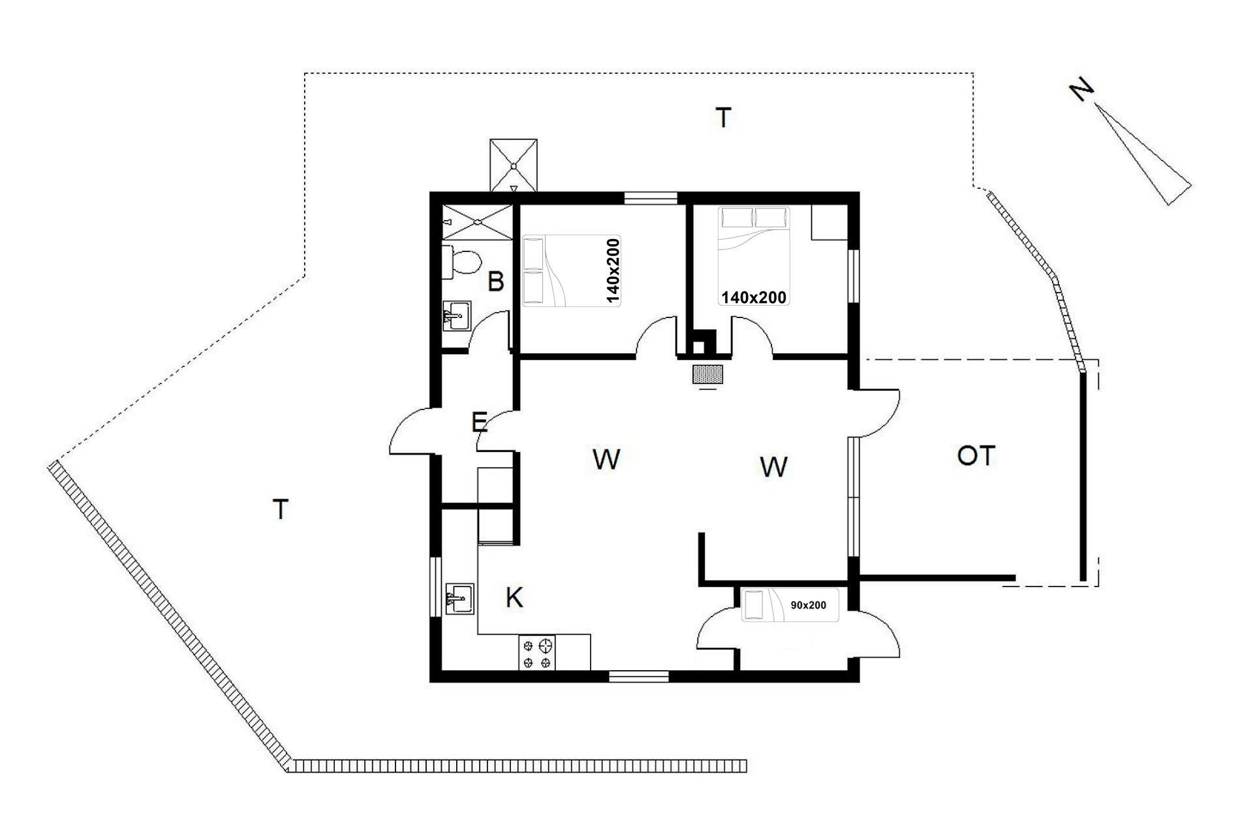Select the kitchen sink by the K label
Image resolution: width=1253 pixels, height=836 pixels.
coord(459,597)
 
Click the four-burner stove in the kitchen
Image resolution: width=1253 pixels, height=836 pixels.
coord(537,653)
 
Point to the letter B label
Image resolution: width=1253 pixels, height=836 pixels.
coord(496,282)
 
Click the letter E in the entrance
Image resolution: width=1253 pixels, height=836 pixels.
coord(479,423)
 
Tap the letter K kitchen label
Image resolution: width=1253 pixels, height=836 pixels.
coord(514,598)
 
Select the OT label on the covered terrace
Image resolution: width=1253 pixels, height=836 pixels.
coord(976,456)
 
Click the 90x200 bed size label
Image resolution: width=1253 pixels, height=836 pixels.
coord(808,605)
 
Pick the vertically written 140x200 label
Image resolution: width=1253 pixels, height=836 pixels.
coord(613,271)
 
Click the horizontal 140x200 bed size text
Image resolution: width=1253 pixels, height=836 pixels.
coord(753,298)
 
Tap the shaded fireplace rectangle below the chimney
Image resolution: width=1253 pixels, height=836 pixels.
coord(708,374)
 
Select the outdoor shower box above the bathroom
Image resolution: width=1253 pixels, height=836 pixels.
coord(514,165)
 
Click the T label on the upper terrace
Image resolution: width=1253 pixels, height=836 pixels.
coord(723,118)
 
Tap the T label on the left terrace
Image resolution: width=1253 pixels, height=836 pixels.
coord(281,509)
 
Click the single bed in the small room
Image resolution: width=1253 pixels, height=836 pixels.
coord(790,605)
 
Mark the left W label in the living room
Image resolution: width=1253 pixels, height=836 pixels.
coord(607,459)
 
